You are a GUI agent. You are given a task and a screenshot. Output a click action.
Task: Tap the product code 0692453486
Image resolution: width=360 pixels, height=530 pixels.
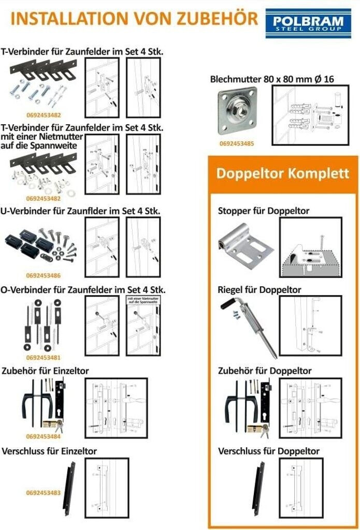(x=43, y=275)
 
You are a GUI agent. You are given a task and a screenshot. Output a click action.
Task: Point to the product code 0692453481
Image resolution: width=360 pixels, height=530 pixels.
(x=43, y=357)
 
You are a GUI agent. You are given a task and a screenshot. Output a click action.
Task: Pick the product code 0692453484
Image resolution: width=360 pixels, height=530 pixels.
(x=43, y=436)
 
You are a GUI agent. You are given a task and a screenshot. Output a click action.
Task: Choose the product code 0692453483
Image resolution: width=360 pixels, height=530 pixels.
(x=43, y=493)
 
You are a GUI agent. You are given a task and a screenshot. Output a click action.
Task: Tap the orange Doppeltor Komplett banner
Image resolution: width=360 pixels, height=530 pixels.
(x=282, y=173)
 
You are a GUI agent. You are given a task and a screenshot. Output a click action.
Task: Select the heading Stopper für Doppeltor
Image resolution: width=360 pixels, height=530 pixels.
(x=264, y=211)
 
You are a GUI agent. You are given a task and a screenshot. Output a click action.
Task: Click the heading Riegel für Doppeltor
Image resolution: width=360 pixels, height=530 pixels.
(x=260, y=290)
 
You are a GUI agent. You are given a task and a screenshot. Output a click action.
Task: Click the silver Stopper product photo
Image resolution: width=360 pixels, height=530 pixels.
(x=246, y=246)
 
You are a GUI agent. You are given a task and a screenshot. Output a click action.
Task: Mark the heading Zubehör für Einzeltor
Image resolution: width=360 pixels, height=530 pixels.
(x=46, y=371)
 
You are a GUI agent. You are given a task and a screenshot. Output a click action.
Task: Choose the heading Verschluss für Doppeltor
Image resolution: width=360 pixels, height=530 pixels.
(x=269, y=451)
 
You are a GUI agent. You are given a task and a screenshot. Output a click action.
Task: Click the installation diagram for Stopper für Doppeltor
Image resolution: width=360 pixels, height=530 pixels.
(x=310, y=247)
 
